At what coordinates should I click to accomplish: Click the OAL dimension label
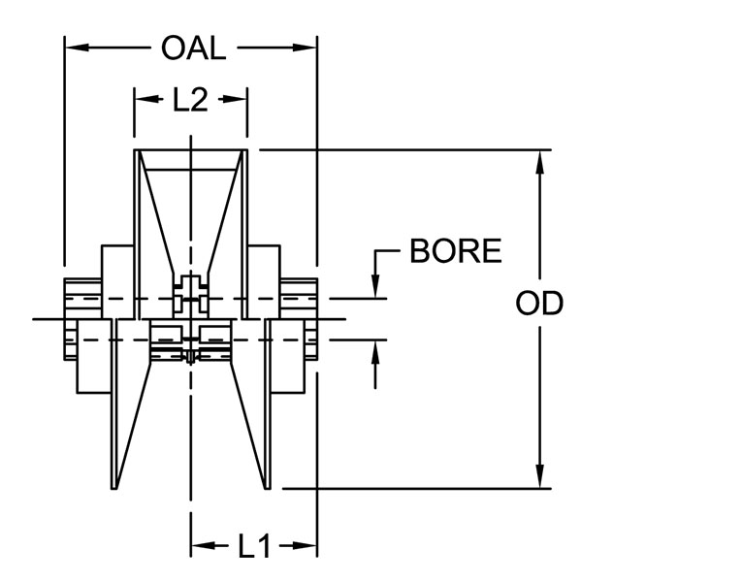pyautogui.click(x=193, y=48)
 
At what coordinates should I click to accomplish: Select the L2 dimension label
pyautogui.click(x=190, y=100)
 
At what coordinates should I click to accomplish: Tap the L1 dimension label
pyautogui.click(x=254, y=547)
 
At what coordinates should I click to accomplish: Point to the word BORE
pyautogui.click(x=455, y=251)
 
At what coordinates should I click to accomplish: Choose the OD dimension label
pyautogui.click(x=539, y=304)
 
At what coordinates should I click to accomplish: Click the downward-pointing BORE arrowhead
pyautogui.click(x=375, y=286)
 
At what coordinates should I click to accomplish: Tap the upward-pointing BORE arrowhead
pyautogui.click(x=375, y=352)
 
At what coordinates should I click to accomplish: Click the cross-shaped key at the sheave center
pyautogui.click(x=191, y=295)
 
